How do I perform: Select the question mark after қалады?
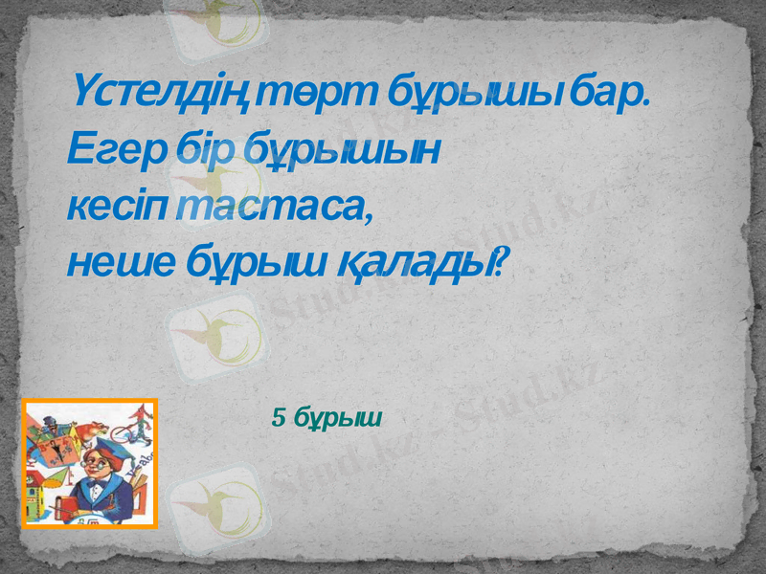pos(501,259)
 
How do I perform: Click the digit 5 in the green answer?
pos(279,417)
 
